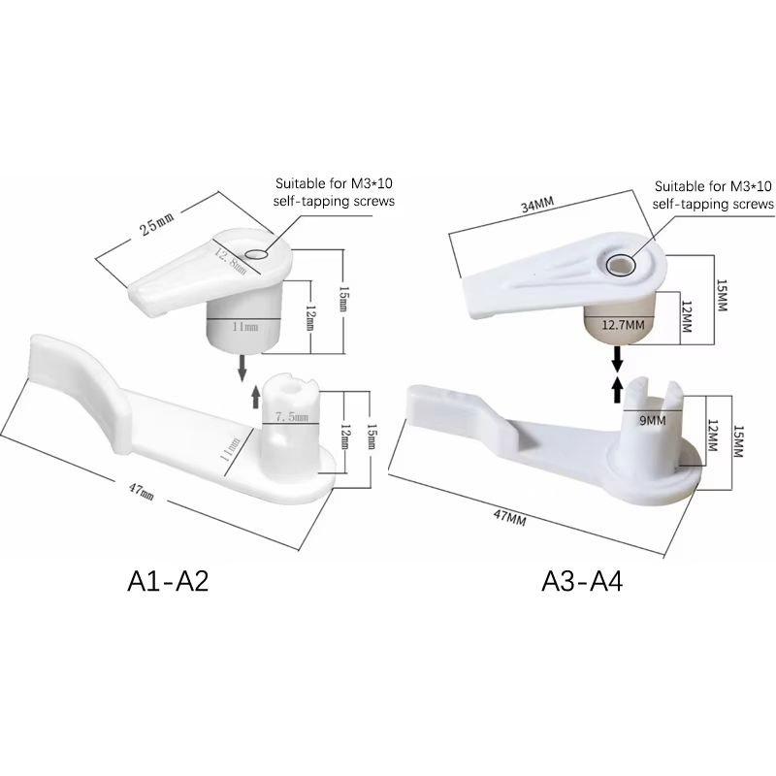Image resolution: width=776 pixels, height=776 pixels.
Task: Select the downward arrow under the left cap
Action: pyautogui.click(x=241, y=369)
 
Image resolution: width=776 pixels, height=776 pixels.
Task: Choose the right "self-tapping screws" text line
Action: pyautogui.click(x=713, y=204)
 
